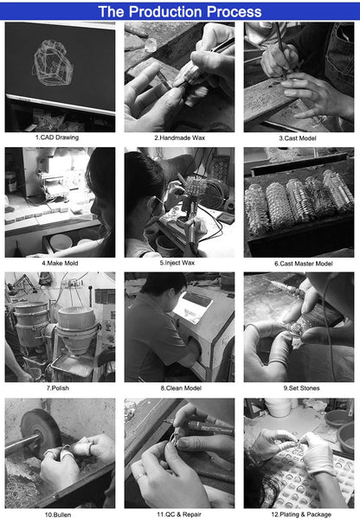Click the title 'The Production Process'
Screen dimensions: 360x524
point(180,12)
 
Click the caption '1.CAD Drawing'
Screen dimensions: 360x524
point(57,137)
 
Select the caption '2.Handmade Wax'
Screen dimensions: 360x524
point(180,137)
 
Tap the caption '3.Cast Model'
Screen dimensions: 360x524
point(298,138)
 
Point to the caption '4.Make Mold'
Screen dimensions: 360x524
point(60,264)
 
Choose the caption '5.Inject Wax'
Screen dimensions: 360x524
point(177,263)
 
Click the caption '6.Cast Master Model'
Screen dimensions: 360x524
point(304,264)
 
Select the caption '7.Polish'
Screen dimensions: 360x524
point(58,388)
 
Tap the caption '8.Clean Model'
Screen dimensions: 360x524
point(181,388)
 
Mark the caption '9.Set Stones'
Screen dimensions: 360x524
point(301,388)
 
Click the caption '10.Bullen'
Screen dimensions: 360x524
point(58,515)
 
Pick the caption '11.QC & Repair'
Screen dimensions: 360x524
point(179,514)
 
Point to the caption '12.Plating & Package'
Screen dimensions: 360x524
point(301,514)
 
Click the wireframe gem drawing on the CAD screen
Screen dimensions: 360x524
point(53,63)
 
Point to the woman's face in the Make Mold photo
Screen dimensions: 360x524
point(100,208)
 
